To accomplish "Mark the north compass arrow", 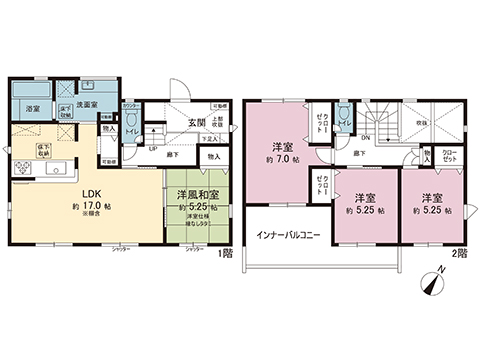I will [432, 281].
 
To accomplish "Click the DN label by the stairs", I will [365, 138].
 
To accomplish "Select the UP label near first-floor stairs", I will [152, 148].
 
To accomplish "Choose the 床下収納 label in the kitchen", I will [44, 149].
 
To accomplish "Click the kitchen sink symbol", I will [53, 166].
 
